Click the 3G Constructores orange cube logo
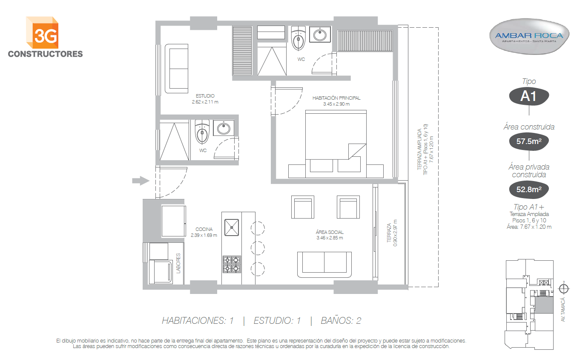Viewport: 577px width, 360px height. pos(42,32)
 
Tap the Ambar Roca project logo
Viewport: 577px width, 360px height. pos(529,36)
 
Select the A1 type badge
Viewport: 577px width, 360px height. pos(529,96)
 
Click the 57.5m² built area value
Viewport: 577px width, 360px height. pos(529,141)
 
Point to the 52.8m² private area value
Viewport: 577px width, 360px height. pos(529,190)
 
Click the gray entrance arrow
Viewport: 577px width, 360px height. pos(141,181)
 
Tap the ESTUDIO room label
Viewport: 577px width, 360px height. pos(205,96)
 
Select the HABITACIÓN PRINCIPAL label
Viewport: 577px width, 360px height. pos(336,98)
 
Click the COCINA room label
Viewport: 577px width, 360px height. pos(204,229)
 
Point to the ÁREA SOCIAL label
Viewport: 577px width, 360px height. pos(330,232)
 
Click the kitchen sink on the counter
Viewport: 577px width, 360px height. pos(232,228)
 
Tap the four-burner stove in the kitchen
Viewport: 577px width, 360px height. pos(232,265)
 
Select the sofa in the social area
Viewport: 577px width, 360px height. pos(324,265)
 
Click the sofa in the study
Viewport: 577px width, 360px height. pos(176,69)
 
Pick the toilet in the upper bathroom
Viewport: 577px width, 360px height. pos(298,38)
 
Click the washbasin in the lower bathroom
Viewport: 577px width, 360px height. pos(224,128)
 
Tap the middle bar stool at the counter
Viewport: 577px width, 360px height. pos(258,248)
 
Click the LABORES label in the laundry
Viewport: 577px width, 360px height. pos(178,263)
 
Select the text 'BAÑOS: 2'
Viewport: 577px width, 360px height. pos(341,320)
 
